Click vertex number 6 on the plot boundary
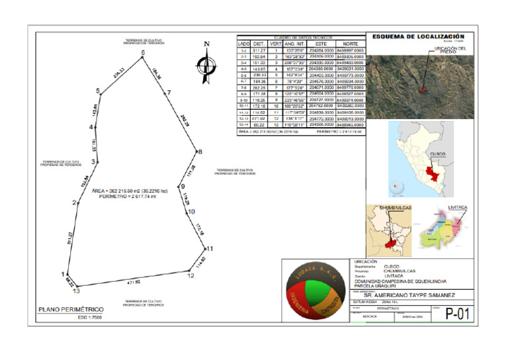click(x=142, y=58)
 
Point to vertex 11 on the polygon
click(x=206, y=248)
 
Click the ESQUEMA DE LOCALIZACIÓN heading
click(x=418, y=37)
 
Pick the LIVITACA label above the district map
click(x=457, y=207)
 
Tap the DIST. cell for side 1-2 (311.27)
click(x=260, y=50)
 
